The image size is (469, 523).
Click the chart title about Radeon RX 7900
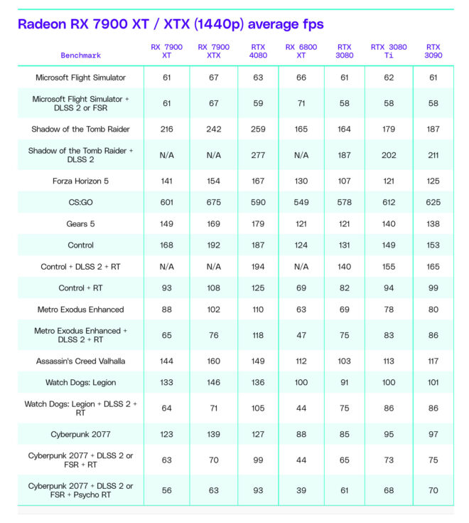[171, 25]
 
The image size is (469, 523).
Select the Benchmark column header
[81, 55]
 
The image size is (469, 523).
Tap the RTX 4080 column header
[259, 51]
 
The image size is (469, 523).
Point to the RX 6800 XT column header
[301, 51]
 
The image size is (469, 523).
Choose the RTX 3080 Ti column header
[389, 51]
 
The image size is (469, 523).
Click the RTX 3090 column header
[433, 51]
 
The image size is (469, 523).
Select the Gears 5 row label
[81, 223]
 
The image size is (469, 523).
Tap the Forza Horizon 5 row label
[81, 181]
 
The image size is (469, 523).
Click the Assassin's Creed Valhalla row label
[81, 361]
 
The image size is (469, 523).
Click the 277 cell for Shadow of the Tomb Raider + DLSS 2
[259, 155]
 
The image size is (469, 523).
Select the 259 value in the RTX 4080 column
[259, 129]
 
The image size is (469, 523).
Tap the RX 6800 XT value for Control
[301, 245]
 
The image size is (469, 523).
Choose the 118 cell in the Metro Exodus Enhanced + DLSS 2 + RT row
[259, 335]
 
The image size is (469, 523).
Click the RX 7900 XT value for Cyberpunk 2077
[167, 433]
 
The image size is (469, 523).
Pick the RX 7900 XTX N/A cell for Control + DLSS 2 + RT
[213, 267]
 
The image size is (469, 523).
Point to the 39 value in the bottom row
[301, 490]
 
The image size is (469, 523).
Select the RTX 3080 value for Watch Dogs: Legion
[345, 382]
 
